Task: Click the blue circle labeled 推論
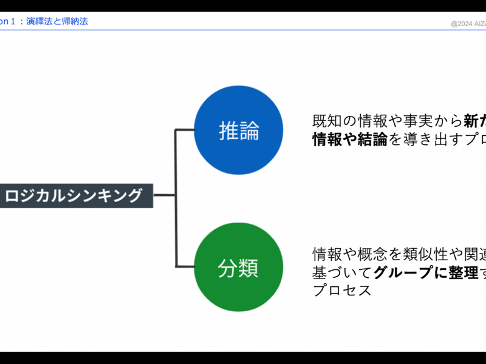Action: coord(239,130)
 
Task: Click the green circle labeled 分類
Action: coord(239,267)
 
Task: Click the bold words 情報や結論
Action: coord(349,140)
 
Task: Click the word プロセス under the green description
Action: coord(341,290)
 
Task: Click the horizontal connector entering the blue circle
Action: coord(185,130)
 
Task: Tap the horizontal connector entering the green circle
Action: coord(185,266)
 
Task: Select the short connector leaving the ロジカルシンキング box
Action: coord(164,195)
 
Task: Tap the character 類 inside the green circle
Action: coord(249,268)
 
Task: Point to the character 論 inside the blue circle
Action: coord(249,131)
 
